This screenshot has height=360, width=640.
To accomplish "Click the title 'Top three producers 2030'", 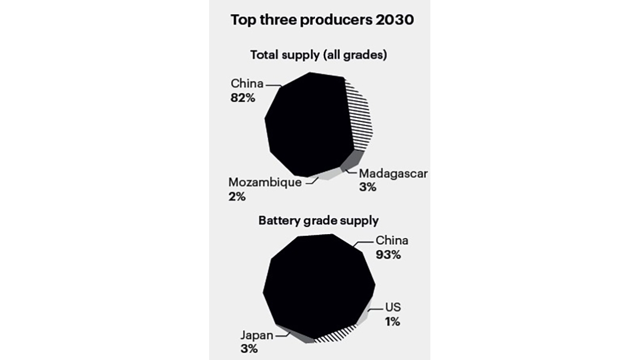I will point(322,21).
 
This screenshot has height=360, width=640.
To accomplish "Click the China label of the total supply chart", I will point(247,84).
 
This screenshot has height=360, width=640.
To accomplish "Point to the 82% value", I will point(243,98).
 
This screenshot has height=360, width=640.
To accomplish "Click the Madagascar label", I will point(394,174).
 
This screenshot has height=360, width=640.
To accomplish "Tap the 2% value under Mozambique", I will point(237,197).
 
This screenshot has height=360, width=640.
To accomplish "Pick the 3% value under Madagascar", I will point(368,188).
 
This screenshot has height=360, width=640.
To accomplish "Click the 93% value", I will point(388,254).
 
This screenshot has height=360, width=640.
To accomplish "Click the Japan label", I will point(256,335).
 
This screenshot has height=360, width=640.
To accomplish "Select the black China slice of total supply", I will point(304,125).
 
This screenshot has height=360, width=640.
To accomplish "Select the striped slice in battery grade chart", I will point(334,334).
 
